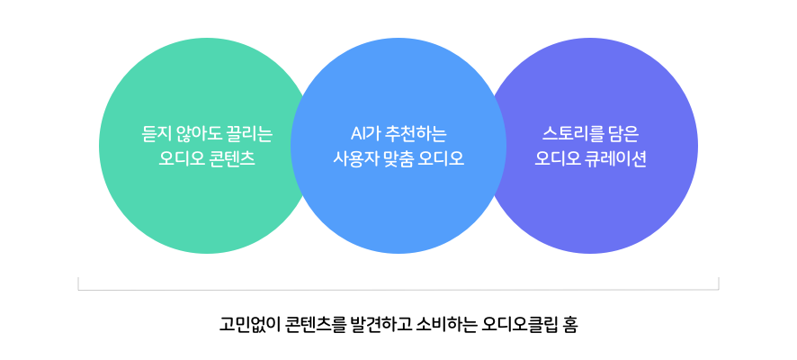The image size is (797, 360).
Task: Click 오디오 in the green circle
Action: point(181,159)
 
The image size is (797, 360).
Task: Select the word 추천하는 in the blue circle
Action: point(416,134)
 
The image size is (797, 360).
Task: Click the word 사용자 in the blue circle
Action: point(354,159)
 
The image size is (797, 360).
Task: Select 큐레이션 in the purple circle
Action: point(616,159)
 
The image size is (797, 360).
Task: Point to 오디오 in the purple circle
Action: point(558,159)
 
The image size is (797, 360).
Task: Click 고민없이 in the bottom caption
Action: point(248,324)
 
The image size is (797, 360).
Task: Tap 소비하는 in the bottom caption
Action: point(445,324)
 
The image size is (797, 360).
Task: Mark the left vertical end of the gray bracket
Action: point(78,283)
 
